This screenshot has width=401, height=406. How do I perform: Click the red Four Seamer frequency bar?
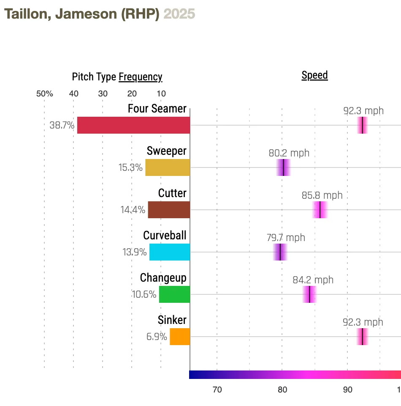tap(133, 125)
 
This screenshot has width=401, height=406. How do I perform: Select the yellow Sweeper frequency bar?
tap(168, 167)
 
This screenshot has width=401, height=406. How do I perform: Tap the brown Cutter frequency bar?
tap(169, 210)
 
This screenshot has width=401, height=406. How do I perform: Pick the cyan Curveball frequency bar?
tap(170, 252)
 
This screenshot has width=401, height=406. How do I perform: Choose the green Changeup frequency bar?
tap(174, 294)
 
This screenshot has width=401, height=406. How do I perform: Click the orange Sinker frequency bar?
tap(180, 337)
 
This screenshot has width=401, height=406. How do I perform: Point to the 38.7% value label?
tap(62, 126)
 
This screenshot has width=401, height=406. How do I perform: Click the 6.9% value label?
tap(157, 337)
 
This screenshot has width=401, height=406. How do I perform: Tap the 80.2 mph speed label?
tap(289, 153)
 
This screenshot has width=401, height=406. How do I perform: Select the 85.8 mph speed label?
tap(322, 195)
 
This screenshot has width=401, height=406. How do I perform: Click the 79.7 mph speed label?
tap(285, 238)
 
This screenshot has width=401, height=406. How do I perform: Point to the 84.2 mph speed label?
tap(313, 280)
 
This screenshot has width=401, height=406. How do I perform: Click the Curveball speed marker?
tap(280, 252)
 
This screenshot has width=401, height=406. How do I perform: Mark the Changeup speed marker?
tap(309, 294)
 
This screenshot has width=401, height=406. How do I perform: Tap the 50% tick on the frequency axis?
tap(44, 94)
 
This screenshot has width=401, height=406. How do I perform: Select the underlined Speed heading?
tap(314, 76)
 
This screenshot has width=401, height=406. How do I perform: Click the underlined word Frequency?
tap(140, 77)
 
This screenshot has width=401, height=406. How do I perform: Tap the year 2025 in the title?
tap(179, 14)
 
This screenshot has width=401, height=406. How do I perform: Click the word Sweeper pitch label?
tap(166, 151)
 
